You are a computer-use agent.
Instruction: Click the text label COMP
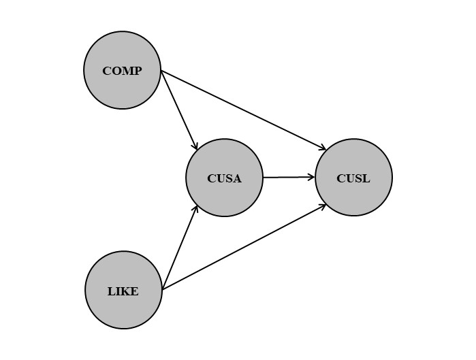(123, 71)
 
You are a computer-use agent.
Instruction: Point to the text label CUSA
(224, 179)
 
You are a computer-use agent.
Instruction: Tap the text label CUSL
(353, 179)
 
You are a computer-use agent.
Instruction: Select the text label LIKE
(123, 292)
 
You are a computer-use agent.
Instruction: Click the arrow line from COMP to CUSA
(178, 109)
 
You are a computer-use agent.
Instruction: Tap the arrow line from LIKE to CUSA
(180, 248)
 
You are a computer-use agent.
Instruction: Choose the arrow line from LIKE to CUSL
(245, 246)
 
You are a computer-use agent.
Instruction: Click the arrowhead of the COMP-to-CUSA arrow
(195, 148)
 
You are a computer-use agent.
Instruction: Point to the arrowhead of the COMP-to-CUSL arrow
(324, 148)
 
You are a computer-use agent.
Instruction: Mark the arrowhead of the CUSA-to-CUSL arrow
(313, 178)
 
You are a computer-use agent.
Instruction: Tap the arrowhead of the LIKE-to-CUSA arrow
(197, 207)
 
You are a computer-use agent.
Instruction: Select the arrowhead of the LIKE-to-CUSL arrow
(325, 205)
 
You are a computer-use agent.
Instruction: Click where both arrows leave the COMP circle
(161, 70)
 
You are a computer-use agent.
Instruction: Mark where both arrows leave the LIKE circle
(162, 290)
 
